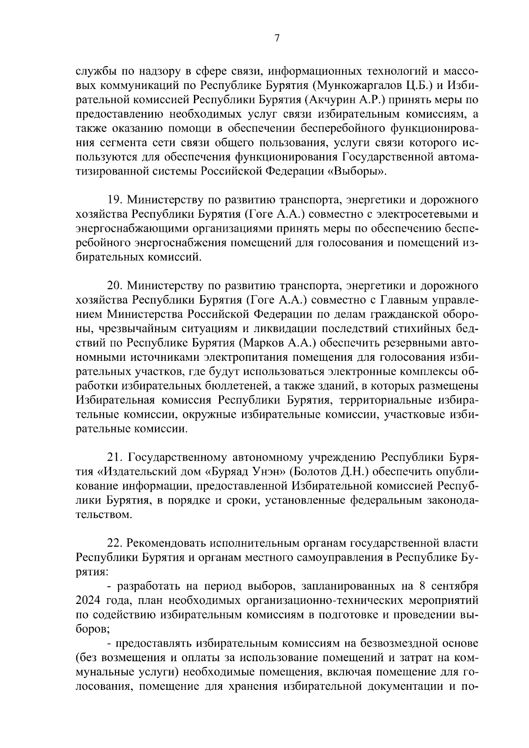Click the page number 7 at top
pyautogui.click(x=277, y=38)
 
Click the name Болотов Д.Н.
pyautogui.click(x=330, y=471)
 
